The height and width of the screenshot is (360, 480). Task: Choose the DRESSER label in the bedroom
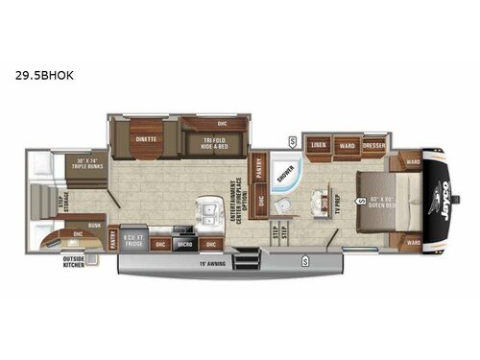coord(373,147)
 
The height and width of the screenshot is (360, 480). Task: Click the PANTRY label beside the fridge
coord(112,237)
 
